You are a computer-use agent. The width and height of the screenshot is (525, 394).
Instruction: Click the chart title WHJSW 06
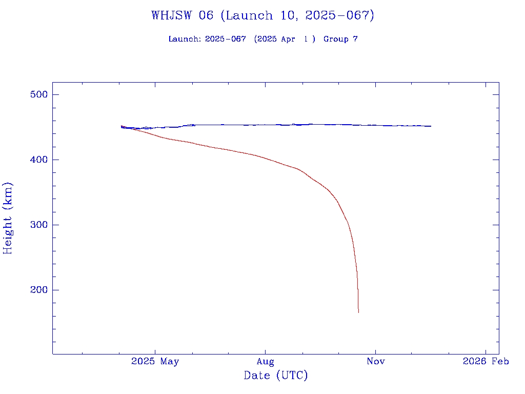click(x=182, y=15)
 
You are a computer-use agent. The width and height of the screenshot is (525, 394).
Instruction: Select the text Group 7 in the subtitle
click(x=340, y=39)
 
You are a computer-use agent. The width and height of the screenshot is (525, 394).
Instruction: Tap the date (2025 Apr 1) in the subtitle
click(x=285, y=39)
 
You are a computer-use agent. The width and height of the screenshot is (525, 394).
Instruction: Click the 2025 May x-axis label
click(x=155, y=362)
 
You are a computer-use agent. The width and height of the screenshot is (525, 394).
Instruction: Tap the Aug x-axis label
click(x=265, y=362)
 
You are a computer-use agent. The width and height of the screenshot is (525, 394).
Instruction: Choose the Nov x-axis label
click(x=376, y=362)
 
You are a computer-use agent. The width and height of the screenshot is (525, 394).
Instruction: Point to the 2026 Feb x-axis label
click(x=486, y=362)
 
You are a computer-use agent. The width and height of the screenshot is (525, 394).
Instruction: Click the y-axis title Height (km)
click(x=8, y=218)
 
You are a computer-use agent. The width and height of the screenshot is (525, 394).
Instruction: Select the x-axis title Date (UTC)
click(x=276, y=376)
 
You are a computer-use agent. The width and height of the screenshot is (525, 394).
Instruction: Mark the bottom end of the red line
click(x=358, y=312)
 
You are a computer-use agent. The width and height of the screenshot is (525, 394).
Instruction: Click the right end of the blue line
click(x=431, y=126)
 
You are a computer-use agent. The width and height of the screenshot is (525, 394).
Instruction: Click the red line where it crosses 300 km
click(x=348, y=225)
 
